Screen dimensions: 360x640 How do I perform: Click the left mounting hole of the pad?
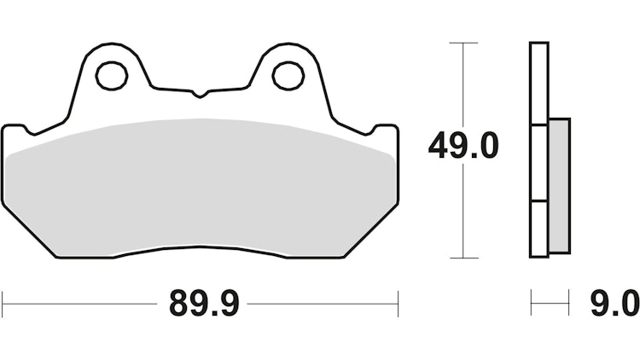pos(111,75)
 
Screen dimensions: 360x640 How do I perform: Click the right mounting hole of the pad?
pos(288,75)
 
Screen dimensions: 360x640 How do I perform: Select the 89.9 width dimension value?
pos(201,302)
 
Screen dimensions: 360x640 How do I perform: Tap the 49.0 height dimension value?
pos(463,148)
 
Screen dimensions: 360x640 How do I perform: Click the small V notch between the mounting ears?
pos(199,92)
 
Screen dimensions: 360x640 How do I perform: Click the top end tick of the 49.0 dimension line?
pos(463,42)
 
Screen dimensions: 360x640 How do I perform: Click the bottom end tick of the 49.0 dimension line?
pos(463,257)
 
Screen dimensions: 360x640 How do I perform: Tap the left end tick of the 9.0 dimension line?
pos(531,302)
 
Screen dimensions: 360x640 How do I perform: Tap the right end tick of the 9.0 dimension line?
pos(568,302)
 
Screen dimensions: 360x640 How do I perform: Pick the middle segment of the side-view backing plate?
pos(538,163)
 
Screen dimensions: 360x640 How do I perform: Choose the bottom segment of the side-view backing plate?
pos(538,229)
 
